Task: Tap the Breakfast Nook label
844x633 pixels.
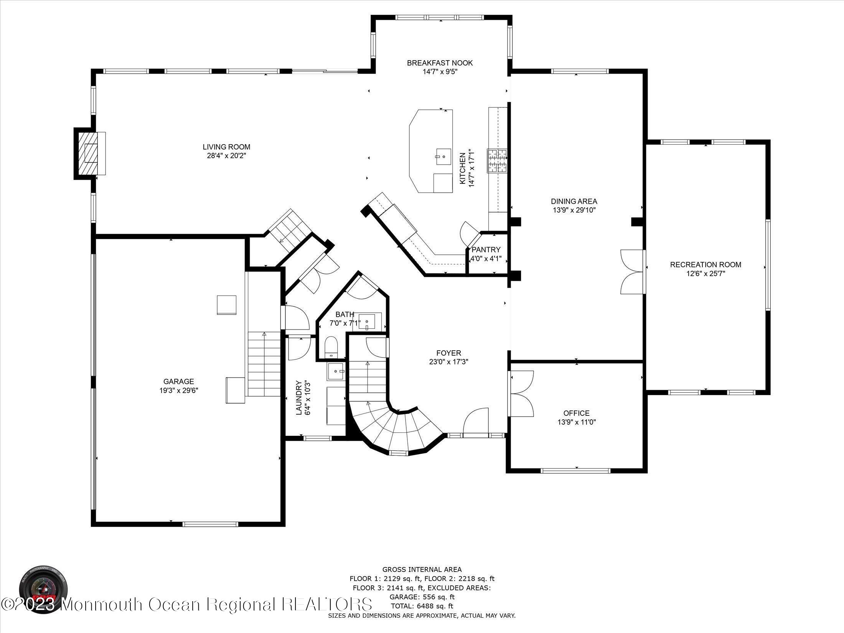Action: coord(440,63)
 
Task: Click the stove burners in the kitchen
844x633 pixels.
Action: coord(498,160)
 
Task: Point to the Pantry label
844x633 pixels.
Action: coord(486,250)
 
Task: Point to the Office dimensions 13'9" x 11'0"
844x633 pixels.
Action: coord(576,422)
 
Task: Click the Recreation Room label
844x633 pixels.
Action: coord(706,264)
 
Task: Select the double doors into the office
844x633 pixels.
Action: coord(522,394)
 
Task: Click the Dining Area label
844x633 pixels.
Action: coord(574,201)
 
